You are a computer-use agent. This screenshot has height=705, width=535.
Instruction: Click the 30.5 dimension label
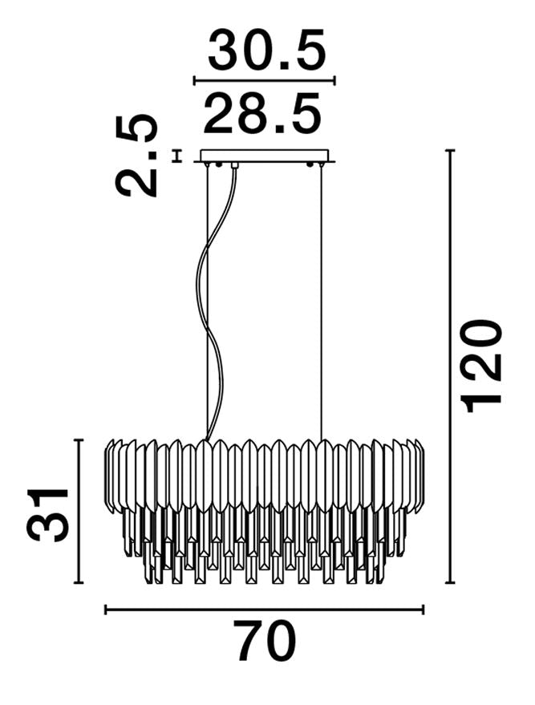[x=266, y=50]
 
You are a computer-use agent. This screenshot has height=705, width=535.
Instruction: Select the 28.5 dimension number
[x=262, y=113]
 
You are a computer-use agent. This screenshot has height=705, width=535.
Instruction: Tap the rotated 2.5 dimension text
[x=136, y=156]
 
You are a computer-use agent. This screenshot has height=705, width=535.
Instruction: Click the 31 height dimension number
[x=47, y=514]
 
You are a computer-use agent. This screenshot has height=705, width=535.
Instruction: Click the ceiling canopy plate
[x=265, y=156]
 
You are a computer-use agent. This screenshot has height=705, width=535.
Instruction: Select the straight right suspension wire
[x=321, y=302]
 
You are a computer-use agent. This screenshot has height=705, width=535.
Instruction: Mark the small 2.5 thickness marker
[x=177, y=156]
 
